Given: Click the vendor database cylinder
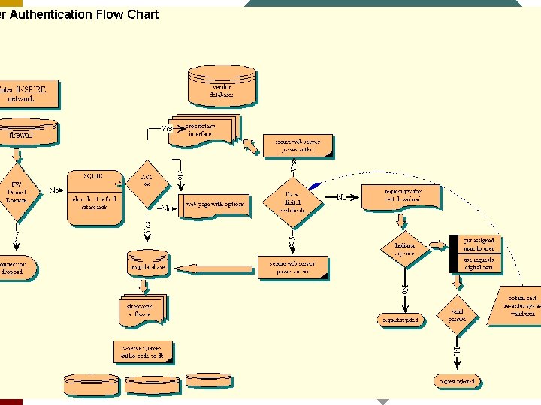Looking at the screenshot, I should (x=222, y=86).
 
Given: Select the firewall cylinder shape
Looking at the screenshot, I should (x=28, y=132).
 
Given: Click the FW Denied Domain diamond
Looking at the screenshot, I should (x=17, y=193).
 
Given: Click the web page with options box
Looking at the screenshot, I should (x=215, y=205).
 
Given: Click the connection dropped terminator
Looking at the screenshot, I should (x=15, y=268).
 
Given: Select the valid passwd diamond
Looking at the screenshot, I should (x=457, y=315).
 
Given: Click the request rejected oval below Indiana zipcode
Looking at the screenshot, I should (x=400, y=319).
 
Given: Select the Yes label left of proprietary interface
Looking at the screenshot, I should (x=166, y=129).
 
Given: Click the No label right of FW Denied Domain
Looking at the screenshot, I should (x=54, y=190).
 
